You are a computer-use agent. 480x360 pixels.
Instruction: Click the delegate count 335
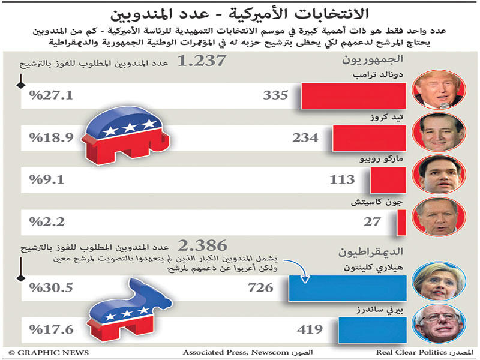(275, 95)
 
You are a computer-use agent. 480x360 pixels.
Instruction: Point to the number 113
(343, 179)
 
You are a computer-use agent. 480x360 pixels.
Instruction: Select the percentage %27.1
(50, 95)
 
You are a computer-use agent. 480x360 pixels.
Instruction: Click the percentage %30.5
(50, 287)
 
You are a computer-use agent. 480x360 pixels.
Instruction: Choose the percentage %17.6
(50, 329)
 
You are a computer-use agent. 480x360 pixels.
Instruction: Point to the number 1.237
(202, 62)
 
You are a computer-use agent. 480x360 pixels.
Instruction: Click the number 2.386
(203, 245)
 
